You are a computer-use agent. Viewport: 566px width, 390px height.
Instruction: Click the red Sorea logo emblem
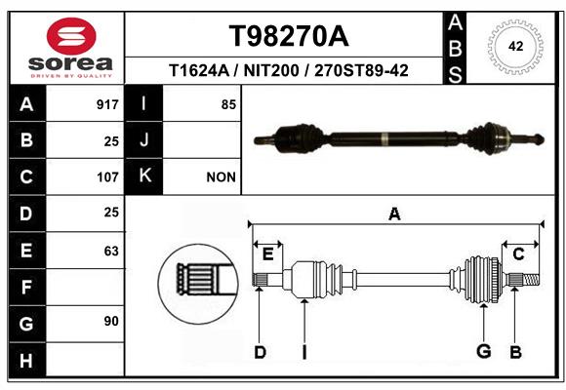pyautogui.click(x=71, y=36)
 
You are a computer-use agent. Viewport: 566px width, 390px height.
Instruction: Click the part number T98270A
pyautogui.click(x=289, y=36)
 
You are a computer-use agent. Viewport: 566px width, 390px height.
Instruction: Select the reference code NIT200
pyautogui.click(x=271, y=70)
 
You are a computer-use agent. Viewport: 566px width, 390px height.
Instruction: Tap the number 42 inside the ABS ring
pyautogui.click(x=515, y=46)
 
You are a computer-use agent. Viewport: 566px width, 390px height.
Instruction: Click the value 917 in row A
pyautogui.click(x=107, y=104)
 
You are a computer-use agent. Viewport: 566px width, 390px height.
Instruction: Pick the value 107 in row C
pyautogui.click(x=107, y=177)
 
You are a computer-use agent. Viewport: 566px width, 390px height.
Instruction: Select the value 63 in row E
pyautogui.click(x=111, y=251)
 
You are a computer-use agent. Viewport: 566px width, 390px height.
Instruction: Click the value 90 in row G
pyautogui.click(x=111, y=321)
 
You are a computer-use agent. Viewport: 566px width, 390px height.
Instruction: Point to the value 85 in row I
pyautogui.click(x=228, y=104)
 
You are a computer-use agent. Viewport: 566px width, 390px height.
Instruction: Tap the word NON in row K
pyautogui.click(x=221, y=177)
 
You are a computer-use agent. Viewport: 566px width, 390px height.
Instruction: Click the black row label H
pyautogui.click(x=27, y=360)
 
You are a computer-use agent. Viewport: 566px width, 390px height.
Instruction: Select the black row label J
pyautogui.click(x=143, y=140)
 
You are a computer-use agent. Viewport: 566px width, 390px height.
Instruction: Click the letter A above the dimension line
pyautogui.click(x=394, y=214)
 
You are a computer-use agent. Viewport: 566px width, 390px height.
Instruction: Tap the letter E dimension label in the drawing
pyautogui.click(x=267, y=254)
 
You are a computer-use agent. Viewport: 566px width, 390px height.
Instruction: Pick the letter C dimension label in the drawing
pyautogui.click(x=518, y=254)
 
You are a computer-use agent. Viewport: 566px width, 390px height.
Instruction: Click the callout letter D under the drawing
pyautogui.click(x=260, y=352)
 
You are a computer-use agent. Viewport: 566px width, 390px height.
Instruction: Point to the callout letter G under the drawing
pyautogui.click(x=484, y=351)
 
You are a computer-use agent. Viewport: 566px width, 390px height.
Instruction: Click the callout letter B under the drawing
pyautogui.click(x=515, y=352)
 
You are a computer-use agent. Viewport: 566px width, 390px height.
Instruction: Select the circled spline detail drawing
pyautogui.click(x=198, y=284)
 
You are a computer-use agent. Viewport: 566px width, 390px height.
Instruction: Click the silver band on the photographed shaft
pyautogui.click(x=384, y=138)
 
